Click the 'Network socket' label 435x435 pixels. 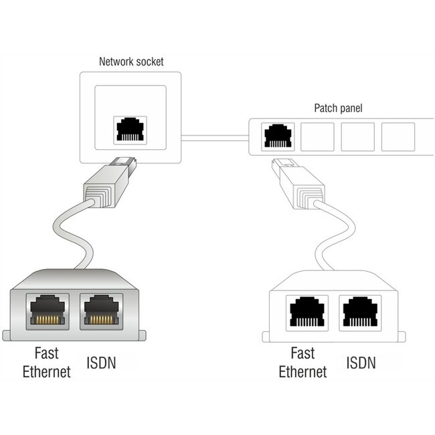(x=130, y=62)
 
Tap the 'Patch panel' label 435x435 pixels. (x=338, y=108)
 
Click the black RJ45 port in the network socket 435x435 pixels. (x=130, y=129)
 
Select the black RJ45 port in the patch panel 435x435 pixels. (x=276, y=136)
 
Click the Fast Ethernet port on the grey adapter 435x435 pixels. (x=46, y=310)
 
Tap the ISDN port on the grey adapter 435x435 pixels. (x=101, y=310)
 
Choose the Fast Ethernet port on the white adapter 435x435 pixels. (x=306, y=311)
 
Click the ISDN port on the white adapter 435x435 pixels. (x=360, y=311)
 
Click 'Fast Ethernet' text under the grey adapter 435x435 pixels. (x=46, y=363)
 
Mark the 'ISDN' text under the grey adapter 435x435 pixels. (x=102, y=363)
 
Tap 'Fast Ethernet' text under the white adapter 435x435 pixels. (x=302, y=362)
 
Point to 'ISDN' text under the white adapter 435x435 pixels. (x=361, y=363)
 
